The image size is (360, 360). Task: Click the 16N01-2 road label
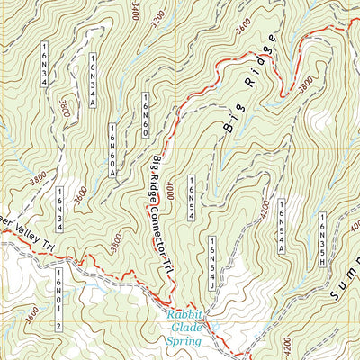tap(57, 287)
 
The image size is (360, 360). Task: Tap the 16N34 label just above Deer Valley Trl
tap(59, 206)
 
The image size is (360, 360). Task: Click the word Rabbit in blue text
tap(187, 314)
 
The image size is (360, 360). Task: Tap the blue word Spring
tap(184, 341)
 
